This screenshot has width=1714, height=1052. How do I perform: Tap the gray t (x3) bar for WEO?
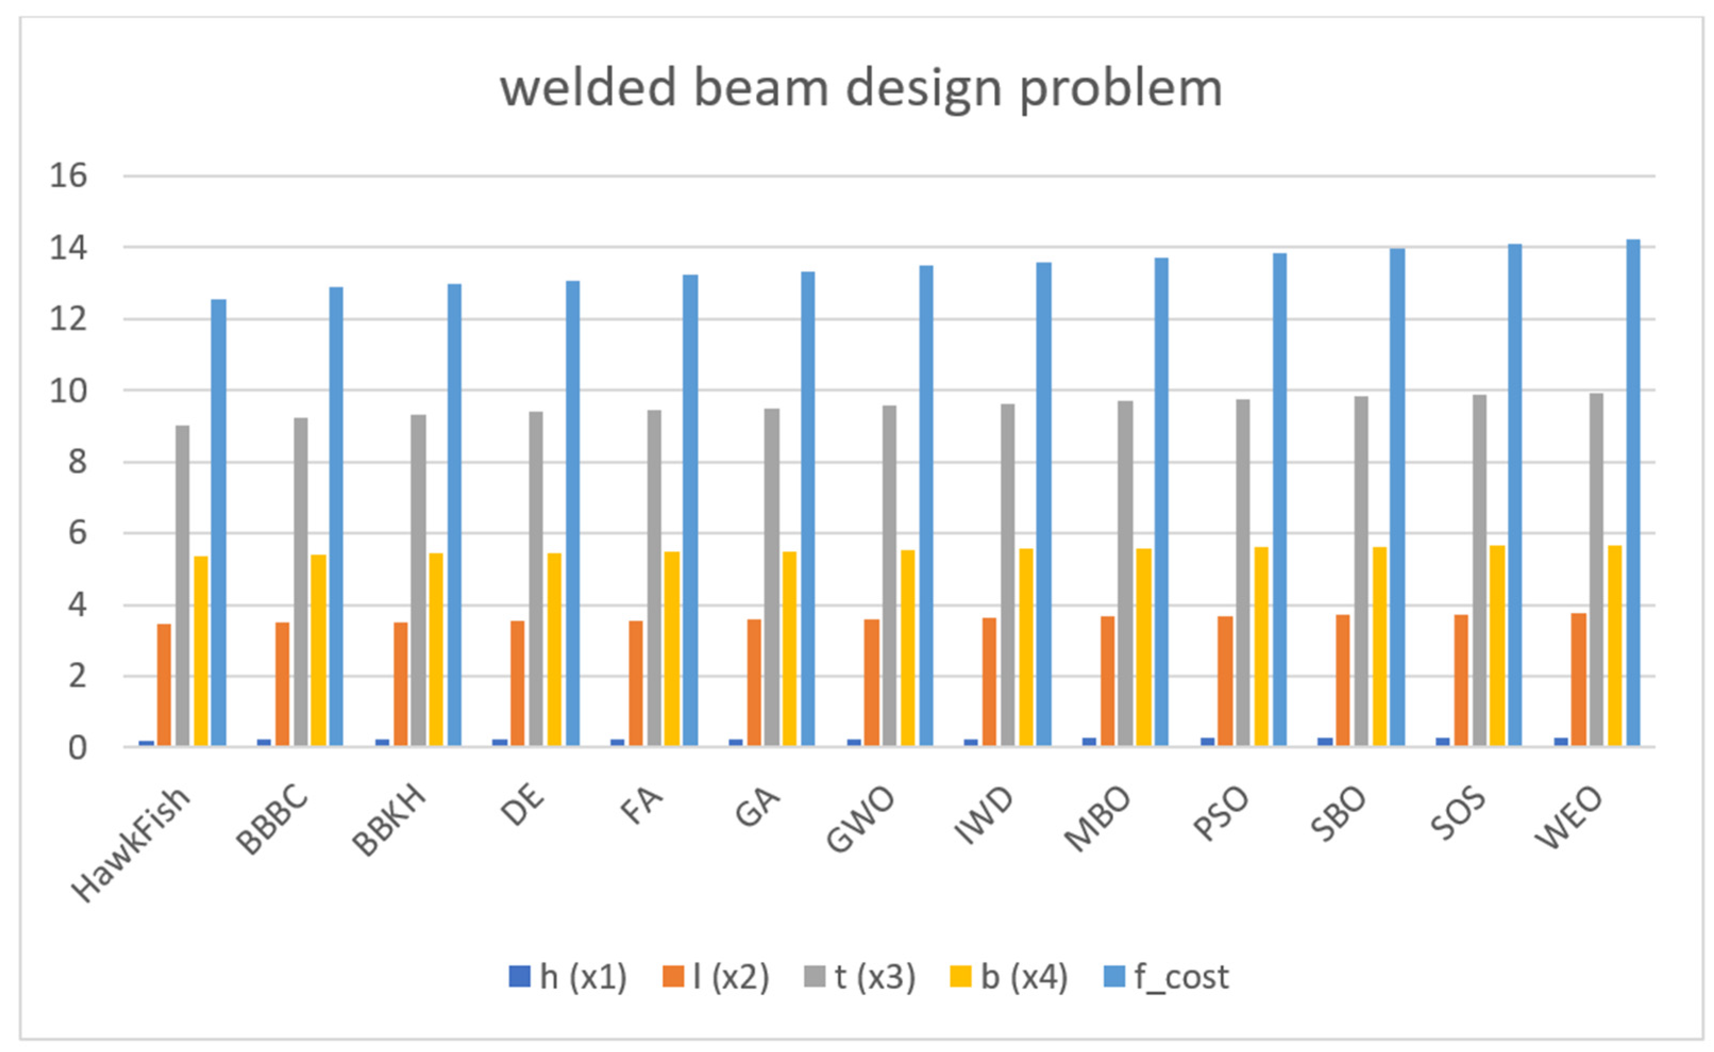[x=1597, y=570]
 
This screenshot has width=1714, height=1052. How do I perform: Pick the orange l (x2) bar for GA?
[x=754, y=683]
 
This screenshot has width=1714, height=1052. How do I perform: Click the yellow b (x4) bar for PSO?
[x=1261, y=646]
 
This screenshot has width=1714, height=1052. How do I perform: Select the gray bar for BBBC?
[x=300, y=582]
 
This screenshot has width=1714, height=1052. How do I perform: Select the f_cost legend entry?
[x=1167, y=978]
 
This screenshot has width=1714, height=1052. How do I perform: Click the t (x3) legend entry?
[x=860, y=978]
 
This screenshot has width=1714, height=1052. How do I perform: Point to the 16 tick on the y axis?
[x=68, y=176]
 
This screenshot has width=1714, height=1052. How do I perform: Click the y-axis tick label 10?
[x=68, y=392]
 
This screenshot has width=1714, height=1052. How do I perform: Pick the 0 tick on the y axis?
[x=77, y=748]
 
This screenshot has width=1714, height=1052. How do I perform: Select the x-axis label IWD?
[x=985, y=817]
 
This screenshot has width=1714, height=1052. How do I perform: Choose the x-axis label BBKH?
[x=390, y=821]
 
